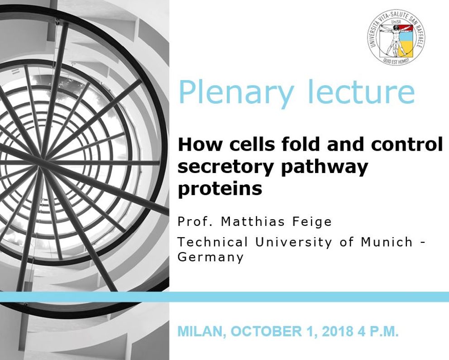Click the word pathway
coord(325,167)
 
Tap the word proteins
coord(220,189)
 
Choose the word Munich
coord(387,242)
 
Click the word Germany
coord(210,257)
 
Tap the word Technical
coord(212,242)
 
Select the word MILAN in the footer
coord(202,331)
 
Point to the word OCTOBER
coord(266,331)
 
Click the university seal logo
coord(396,36)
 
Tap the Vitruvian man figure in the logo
coord(394,39)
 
